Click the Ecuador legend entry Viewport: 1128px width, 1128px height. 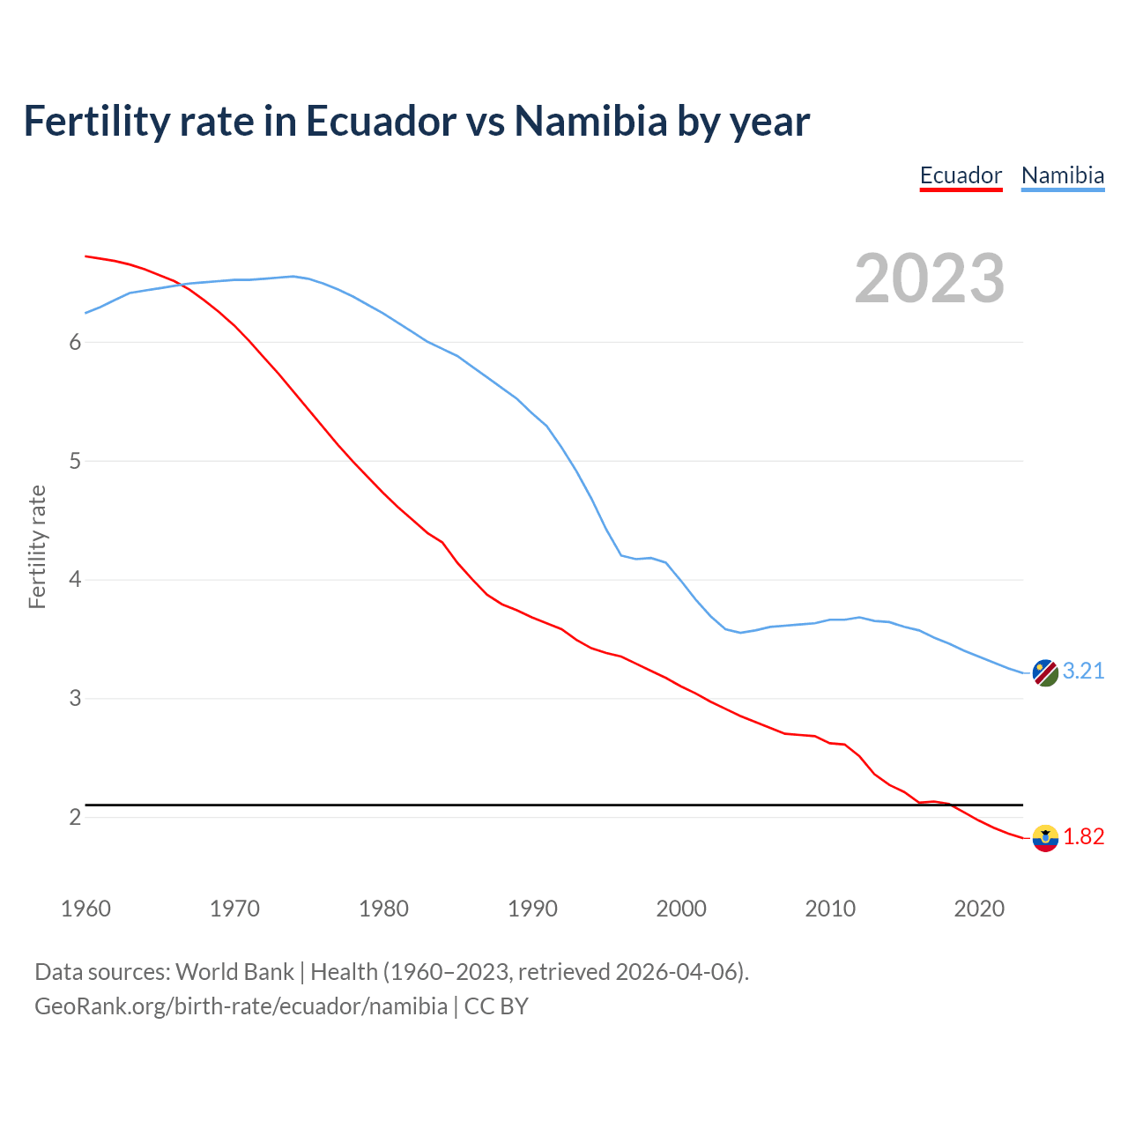(x=961, y=175)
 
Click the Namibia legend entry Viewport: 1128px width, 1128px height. (x=1062, y=175)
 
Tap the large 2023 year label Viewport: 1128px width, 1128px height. (x=930, y=278)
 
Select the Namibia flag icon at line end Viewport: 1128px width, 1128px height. (x=1045, y=672)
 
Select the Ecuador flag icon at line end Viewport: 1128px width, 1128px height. (x=1045, y=838)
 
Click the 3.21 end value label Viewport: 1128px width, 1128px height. (x=1083, y=672)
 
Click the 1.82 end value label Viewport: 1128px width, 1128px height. (x=1083, y=837)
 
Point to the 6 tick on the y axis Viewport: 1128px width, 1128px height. (x=75, y=343)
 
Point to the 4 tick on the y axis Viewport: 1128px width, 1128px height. (x=75, y=580)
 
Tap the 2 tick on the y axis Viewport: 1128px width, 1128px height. (x=75, y=818)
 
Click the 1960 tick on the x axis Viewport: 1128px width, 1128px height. (x=85, y=909)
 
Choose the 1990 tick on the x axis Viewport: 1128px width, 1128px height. (x=532, y=909)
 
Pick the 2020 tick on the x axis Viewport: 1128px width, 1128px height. (x=979, y=909)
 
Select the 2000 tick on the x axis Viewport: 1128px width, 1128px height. (x=681, y=909)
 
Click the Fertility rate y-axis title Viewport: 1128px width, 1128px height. (x=37, y=546)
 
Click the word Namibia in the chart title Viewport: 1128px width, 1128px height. (x=590, y=122)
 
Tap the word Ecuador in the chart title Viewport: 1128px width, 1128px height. (x=381, y=122)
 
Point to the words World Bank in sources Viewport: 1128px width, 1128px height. (x=234, y=972)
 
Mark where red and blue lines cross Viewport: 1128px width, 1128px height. (x=182, y=284)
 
